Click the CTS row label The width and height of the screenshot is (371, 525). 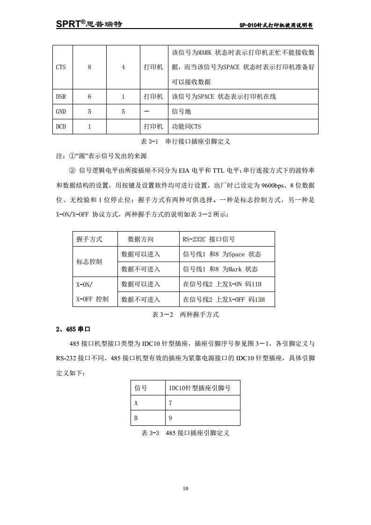61,67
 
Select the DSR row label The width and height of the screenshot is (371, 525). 61,97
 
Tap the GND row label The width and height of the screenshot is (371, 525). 61,112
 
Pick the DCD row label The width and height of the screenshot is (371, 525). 61,127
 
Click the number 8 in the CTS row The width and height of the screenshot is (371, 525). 89,67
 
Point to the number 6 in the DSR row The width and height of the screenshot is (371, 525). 89,97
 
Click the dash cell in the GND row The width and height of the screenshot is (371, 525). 147,112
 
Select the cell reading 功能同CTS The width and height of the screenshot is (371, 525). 187,127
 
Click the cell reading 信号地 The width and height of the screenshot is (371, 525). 182,112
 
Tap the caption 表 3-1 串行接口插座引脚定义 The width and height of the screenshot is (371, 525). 185,141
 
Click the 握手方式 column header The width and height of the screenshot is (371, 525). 89,239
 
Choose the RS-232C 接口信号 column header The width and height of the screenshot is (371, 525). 209,239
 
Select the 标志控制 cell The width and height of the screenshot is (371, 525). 89,262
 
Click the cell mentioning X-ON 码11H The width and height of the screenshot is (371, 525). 222,284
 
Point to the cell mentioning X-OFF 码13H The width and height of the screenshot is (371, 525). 224,299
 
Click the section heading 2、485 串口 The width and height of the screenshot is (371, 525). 73,329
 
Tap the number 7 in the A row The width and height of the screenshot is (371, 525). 170,403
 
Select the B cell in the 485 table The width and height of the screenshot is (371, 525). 136,418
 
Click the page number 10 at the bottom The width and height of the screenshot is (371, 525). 185,489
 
